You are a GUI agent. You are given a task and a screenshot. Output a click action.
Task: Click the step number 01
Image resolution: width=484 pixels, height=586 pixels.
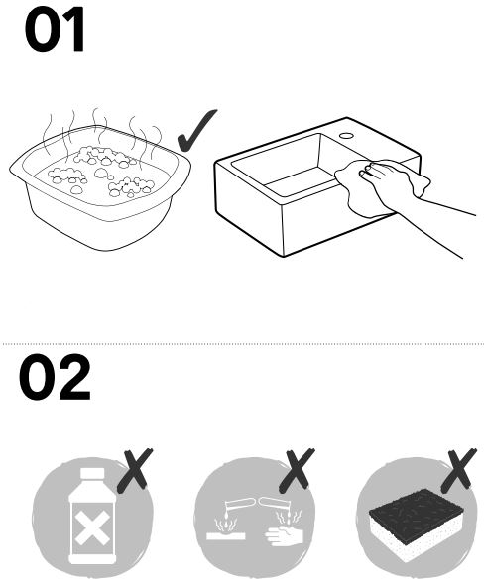55,29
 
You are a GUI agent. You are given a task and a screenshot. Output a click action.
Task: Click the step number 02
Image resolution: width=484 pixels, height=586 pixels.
55,377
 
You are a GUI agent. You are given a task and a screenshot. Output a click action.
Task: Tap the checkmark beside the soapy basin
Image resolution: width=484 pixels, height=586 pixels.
195,131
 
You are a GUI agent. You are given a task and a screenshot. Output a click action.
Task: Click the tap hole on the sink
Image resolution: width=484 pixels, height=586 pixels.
347,136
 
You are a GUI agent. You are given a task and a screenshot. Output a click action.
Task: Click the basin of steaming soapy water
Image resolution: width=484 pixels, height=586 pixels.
100,186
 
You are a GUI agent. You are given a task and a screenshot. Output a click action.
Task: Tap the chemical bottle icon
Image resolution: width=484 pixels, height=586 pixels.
92,516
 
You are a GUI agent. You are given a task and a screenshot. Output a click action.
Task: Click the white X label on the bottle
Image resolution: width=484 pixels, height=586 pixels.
92,527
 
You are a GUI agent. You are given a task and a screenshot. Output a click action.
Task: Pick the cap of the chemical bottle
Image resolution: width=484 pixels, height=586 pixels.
92,473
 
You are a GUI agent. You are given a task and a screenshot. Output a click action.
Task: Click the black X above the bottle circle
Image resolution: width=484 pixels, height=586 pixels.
135,470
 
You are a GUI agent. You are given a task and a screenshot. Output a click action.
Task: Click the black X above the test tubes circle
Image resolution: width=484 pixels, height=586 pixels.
297,470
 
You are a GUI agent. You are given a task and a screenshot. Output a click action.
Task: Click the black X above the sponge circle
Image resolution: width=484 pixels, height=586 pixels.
459,470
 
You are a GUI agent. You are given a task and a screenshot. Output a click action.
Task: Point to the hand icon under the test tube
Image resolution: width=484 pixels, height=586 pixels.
283,534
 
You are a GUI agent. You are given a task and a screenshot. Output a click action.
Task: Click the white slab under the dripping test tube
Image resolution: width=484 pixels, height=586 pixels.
226,535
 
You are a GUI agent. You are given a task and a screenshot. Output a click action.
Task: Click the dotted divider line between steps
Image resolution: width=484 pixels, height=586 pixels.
243,343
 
